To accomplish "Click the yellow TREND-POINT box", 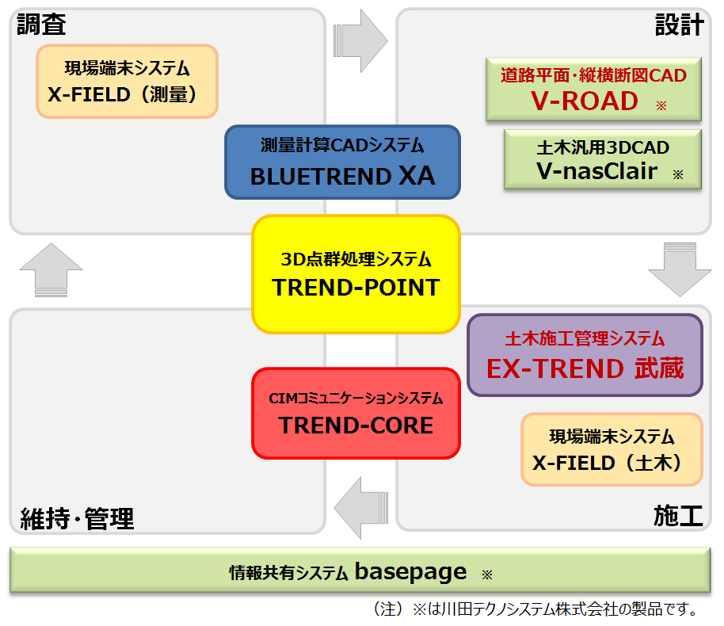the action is [356, 274].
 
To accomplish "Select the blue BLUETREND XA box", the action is [343, 162].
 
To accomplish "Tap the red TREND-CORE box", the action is [356, 413].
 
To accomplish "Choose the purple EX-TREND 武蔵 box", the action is [585, 355].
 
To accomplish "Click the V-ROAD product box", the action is [594, 90].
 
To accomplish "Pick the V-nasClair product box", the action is [603, 159].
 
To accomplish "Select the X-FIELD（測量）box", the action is [127, 82].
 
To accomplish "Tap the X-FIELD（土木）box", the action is [612, 449].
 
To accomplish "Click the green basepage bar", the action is [360, 570].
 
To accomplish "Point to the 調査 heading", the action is [41, 25].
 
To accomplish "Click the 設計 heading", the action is [680, 25].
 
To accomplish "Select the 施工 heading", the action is [678, 516].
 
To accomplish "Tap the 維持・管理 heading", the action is [77, 518].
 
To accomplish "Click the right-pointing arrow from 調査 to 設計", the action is [360, 40].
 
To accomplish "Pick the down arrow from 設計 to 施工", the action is [680, 269].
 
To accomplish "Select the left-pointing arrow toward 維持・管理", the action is [360, 508].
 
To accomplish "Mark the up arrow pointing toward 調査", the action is [51, 270].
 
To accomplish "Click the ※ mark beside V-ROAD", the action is [661, 105].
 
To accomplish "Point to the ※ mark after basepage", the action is [487, 574].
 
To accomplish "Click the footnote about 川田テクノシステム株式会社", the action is [535, 609].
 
